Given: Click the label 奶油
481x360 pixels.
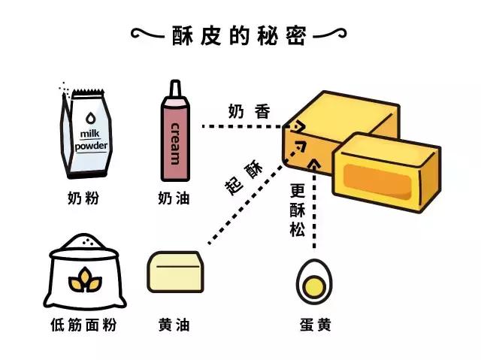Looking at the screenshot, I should (x=174, y=199).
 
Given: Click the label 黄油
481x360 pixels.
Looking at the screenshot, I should (x=174, y=325).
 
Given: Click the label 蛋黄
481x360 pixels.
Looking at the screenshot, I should (x=313, y=325).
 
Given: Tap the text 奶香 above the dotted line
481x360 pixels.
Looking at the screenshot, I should (x=249, y=110).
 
